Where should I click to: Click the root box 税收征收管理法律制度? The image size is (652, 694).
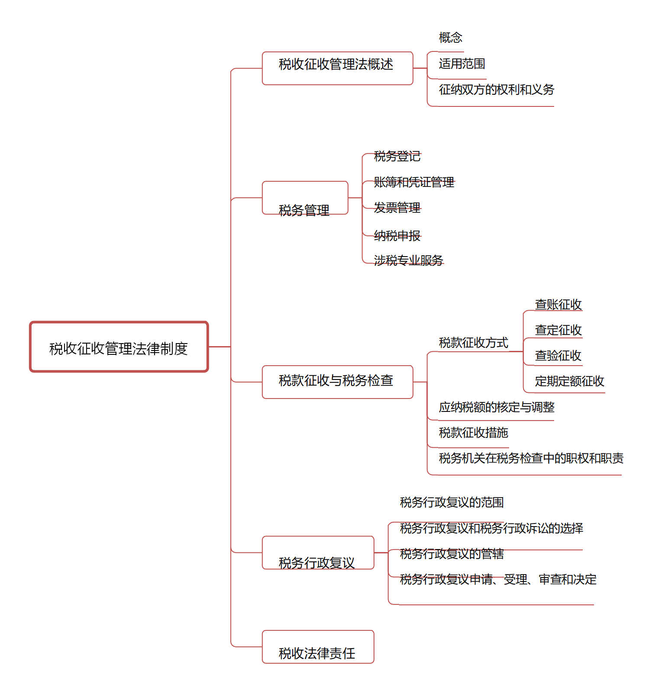[119, 347]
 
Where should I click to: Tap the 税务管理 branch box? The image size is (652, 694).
[305, 198]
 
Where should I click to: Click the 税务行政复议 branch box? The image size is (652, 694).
[318, 553]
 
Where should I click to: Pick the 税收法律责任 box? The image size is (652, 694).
[318, 647]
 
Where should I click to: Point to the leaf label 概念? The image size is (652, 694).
[450, 38]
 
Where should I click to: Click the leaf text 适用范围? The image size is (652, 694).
[462, 64]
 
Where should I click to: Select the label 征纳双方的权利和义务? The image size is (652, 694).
[496, 90]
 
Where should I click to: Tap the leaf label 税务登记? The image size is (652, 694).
[397, 156]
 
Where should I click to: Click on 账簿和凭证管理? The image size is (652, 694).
[414, 182]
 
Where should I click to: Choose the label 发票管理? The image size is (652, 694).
[397, 208]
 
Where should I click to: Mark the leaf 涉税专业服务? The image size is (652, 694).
[408, 260]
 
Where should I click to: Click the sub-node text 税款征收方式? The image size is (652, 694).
[473, 343]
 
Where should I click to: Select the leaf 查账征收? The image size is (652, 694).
[558, 305]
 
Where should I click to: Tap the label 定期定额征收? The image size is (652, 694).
[569, 381]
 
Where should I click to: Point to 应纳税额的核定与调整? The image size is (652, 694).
[496, 407]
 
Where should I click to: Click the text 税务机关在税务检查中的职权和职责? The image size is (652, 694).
[531, 458]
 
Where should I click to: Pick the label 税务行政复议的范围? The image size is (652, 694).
[452, 502]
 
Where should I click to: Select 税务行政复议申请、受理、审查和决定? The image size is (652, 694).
[498, 579]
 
